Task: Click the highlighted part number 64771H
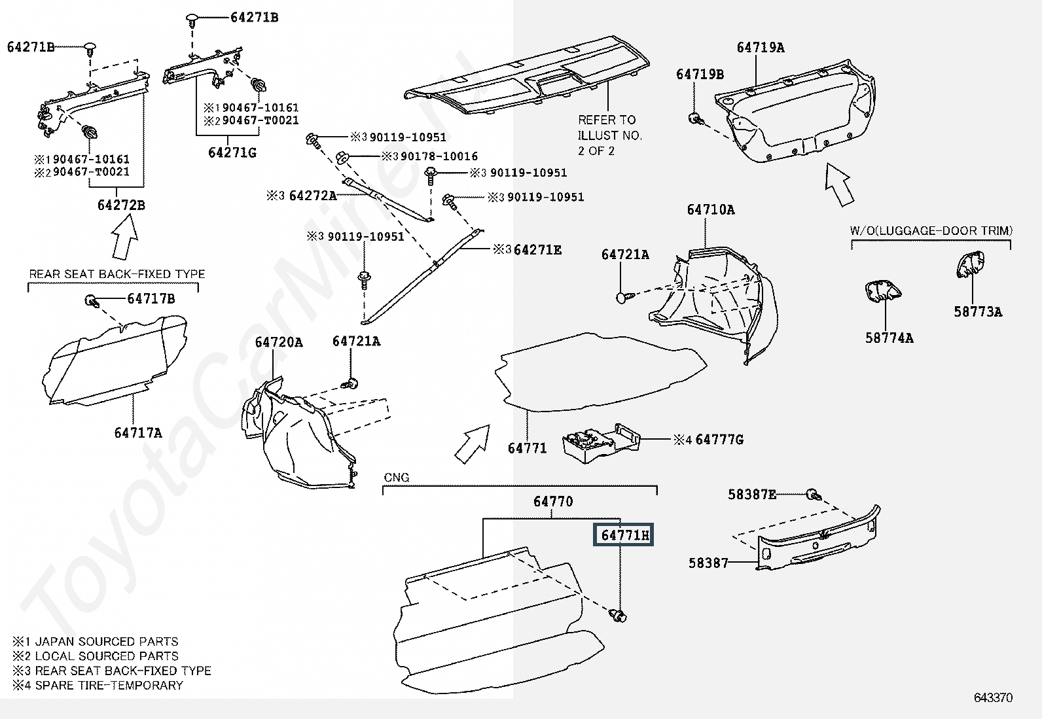(x=623, y=535)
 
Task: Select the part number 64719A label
(x=761, y=48)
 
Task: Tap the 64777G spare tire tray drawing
(x=601, y=443)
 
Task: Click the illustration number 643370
(x=993, y=697)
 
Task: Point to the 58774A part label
(x=889, y=338)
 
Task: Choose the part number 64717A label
(x=138, y=433)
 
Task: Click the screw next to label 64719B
(x=696, y=118)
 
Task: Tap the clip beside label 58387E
(x=813, y=495)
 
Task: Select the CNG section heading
(x=397, y=478)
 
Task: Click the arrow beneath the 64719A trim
(x=838, y=184)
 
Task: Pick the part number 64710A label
(x=711, y=210)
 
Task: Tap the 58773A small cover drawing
(x=970, y=264)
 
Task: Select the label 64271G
(x=232, y=152)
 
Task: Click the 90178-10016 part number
(x=439, y=156)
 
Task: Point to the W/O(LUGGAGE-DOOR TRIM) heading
(x=931, y=231)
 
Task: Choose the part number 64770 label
(x=553, y=502)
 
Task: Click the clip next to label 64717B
(x=92, y=301)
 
